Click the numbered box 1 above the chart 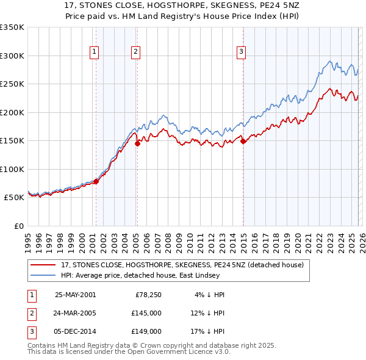95,52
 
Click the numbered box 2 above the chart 135,52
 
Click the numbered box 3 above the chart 242,52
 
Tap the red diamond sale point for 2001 96,181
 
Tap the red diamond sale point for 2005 137,143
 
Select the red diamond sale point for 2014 243,141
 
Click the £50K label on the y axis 14,198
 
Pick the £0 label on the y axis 18,226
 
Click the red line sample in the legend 43,265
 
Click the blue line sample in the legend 43,276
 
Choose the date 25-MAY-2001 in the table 75,295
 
